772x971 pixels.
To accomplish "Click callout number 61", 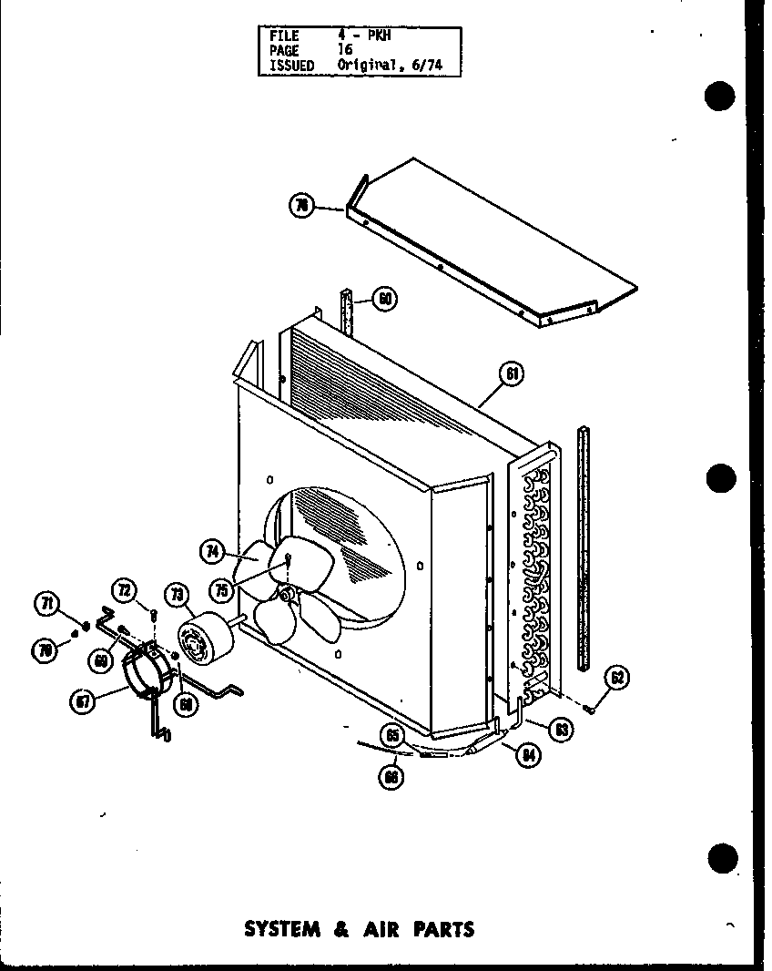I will point(513,374).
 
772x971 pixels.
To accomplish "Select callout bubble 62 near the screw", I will point(617,677).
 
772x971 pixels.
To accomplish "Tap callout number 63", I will point(563,729).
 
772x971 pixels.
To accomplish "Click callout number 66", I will point(392,777).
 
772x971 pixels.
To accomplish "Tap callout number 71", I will point(45,603).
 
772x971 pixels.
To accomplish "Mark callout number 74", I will point(211,549).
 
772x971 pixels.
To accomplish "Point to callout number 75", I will point(221,590).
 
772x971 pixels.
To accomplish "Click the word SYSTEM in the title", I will point(283,929).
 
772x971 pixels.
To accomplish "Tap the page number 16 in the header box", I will point(347,51).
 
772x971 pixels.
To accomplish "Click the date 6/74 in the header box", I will point(420,66).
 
